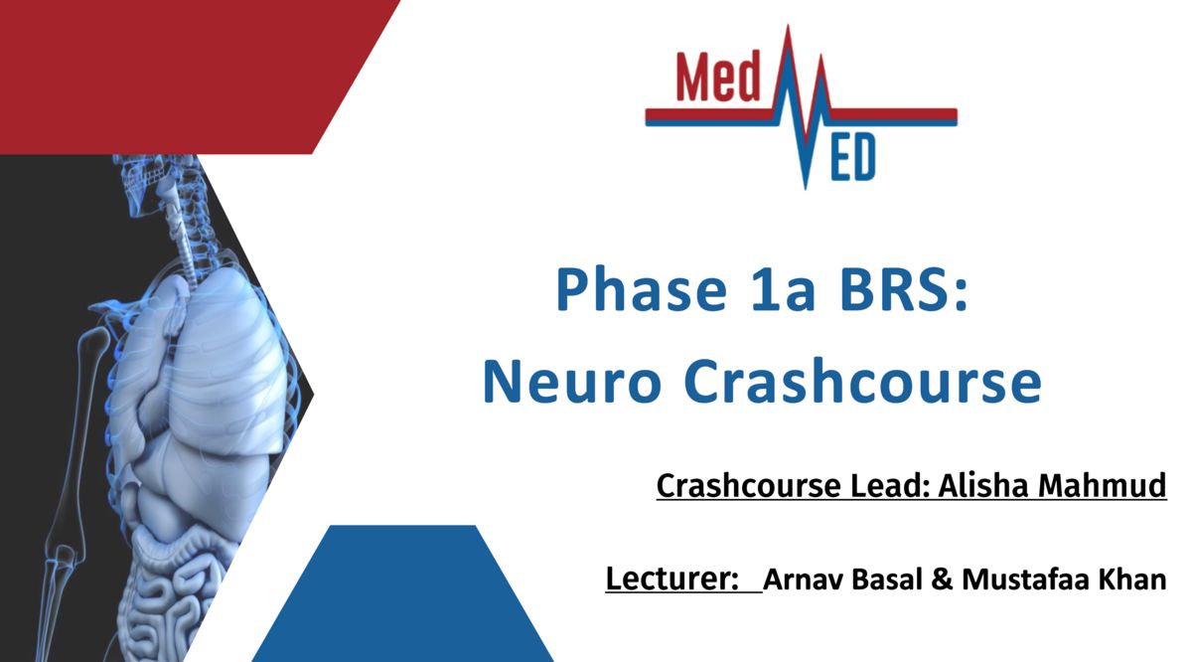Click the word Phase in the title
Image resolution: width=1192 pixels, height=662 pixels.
(x=642, y=290)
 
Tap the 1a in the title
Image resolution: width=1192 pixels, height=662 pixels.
(x=783, y=289)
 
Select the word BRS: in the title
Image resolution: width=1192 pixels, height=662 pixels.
(x=904, y=289)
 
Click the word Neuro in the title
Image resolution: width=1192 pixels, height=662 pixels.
(x=572, y=382)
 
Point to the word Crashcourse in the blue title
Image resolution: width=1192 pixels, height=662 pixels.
(x=862, y=381)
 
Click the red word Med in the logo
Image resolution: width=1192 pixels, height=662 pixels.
(x=718, y=77)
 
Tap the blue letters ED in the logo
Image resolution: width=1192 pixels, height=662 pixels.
(x=852, y=157)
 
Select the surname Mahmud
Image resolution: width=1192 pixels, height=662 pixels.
(x=1102, y=485)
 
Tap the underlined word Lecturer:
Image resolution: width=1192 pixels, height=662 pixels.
(x=672, y=579)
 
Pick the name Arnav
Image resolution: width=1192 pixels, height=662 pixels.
(x=803, y=579)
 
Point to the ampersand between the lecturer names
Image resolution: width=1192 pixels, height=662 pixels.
(x=942, y=579)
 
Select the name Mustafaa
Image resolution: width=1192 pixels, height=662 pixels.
(x=1026, y=579)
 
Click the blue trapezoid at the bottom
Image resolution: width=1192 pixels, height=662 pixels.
(x=403, y=593)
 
